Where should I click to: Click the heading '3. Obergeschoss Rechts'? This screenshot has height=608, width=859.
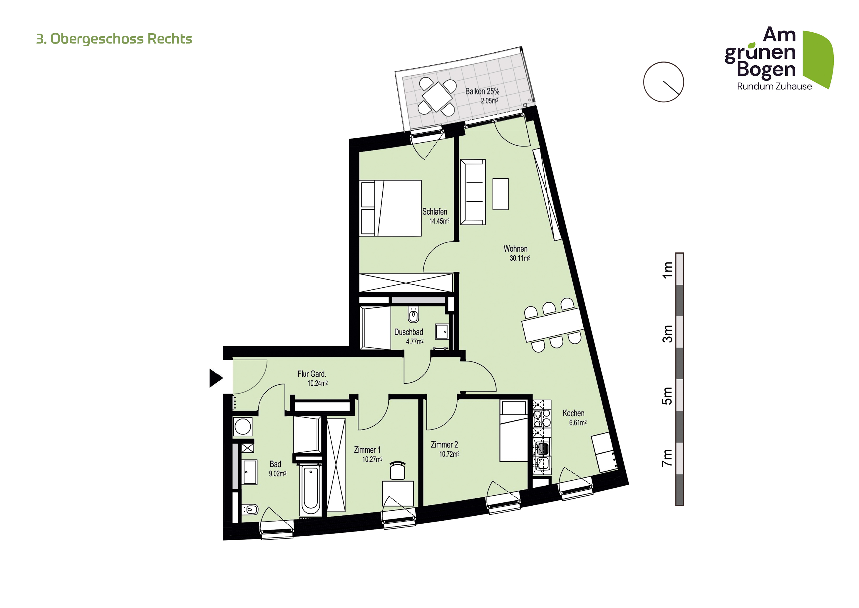[114, 39]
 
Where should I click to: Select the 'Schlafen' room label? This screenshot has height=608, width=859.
[435, 211]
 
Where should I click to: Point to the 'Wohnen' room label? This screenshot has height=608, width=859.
[515, 249]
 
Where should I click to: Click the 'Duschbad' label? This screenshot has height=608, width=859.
[408, 332]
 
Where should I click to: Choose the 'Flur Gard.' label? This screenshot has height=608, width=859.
[312, 374]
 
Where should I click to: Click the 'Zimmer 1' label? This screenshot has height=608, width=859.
[367, 450]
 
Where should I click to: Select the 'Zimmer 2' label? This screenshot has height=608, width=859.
[444, 444]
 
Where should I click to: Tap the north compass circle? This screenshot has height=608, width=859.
[663, 82]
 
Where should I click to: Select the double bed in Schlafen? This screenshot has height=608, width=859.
[390, 208]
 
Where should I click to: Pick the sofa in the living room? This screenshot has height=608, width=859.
[473, 192]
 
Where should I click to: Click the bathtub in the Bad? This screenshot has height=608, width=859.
[311, 490]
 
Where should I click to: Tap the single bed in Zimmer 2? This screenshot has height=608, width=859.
[514, 431]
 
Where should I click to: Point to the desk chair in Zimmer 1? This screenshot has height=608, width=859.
[398, 470]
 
